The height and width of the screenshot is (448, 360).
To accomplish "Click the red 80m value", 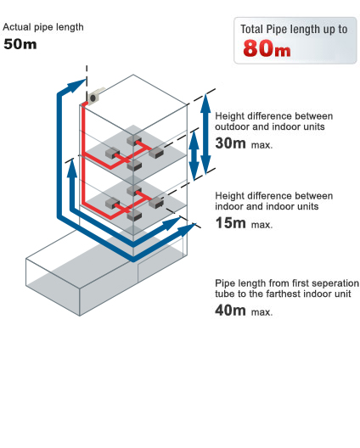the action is (x=267, y=48).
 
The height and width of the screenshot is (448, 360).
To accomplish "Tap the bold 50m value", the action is (x=20, y=44).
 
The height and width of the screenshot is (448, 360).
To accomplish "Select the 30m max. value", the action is (x=244, y=143).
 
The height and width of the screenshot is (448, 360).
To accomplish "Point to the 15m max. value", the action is (x=244, y=223).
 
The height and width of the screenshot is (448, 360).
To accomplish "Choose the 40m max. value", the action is (x=244, y=310).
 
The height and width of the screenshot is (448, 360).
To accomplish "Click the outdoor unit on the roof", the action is (x=95, y=96).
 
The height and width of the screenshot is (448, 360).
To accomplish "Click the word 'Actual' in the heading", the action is (x=17, y=27).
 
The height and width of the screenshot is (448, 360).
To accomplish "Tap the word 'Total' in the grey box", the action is (x=251, y=29).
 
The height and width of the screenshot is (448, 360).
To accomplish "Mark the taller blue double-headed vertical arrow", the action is (x=205, y=134).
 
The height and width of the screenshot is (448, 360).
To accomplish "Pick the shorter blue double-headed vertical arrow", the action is (x=194, y=155).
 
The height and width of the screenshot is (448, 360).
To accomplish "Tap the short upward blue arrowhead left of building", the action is (x=72, y=168).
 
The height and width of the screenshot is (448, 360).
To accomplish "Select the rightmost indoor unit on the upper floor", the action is (x=156, y=153).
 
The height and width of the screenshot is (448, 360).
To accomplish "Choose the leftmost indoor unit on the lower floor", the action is (x=112, y=203).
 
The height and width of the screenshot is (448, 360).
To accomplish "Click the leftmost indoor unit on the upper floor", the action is (x=112, y=153).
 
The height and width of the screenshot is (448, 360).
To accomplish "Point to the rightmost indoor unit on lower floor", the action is (x=156, y=202).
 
